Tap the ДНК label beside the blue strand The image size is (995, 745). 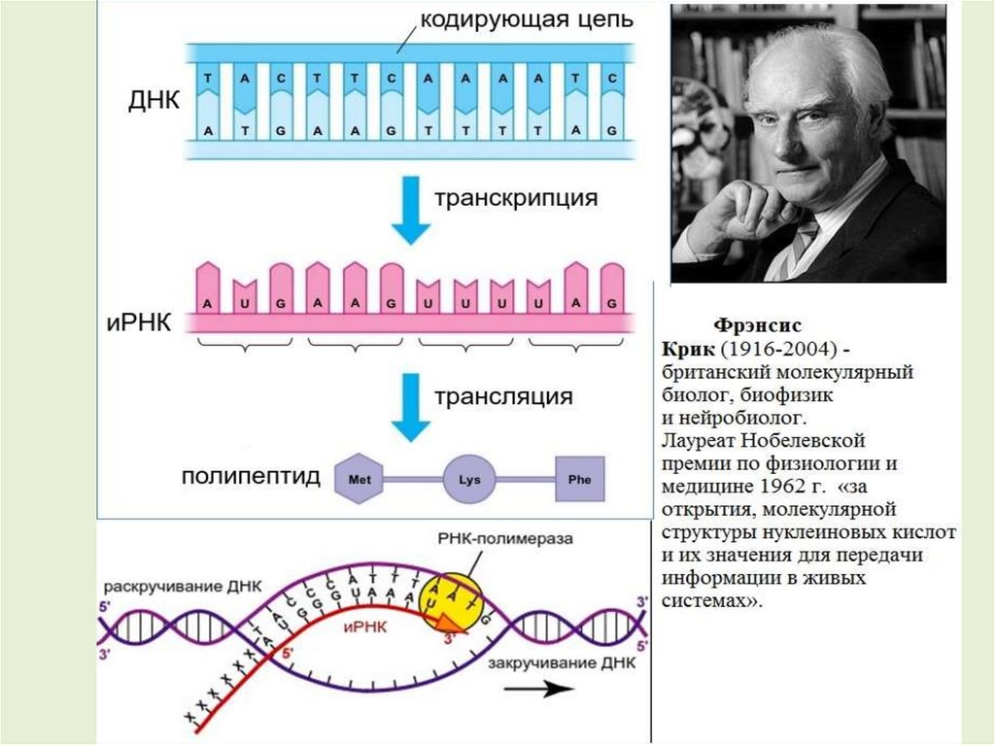(154, 100)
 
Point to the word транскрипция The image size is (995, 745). (515, 199)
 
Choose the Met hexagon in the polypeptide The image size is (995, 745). (360, 478)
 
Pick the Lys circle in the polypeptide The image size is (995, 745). (469, 479)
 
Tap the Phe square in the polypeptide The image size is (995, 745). (579, 479)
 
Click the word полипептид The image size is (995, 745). (251, 478)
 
